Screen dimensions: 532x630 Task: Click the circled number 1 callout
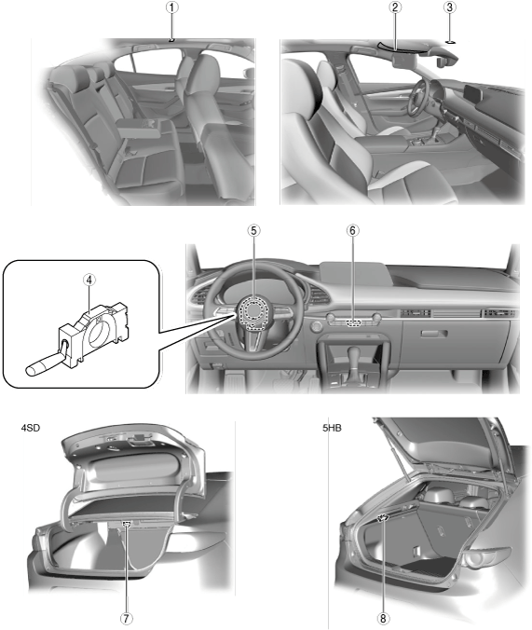(172, 7)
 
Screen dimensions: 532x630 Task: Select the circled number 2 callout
(395, 7)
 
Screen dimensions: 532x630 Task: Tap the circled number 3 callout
(450, 7)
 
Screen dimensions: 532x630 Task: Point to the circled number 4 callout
(89, 280)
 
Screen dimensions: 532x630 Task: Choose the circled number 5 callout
(254, 230)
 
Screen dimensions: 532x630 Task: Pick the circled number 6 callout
(353, 230)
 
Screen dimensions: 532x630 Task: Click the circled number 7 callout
(127, 618)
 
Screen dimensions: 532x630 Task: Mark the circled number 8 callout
(383, 618)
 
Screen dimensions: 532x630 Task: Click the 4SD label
(31, 428)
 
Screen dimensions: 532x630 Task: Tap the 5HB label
(332, 428)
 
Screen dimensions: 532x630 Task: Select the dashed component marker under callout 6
(354, 322)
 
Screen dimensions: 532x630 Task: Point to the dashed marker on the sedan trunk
(127, 524)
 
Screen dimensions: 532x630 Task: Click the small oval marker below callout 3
(450, 41)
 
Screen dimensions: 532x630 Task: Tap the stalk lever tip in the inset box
(30, 370)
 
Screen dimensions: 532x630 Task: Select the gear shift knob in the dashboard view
(355, 353)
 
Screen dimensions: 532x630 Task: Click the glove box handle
(434, 334)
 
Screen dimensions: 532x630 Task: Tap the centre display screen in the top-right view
(472, 94)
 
